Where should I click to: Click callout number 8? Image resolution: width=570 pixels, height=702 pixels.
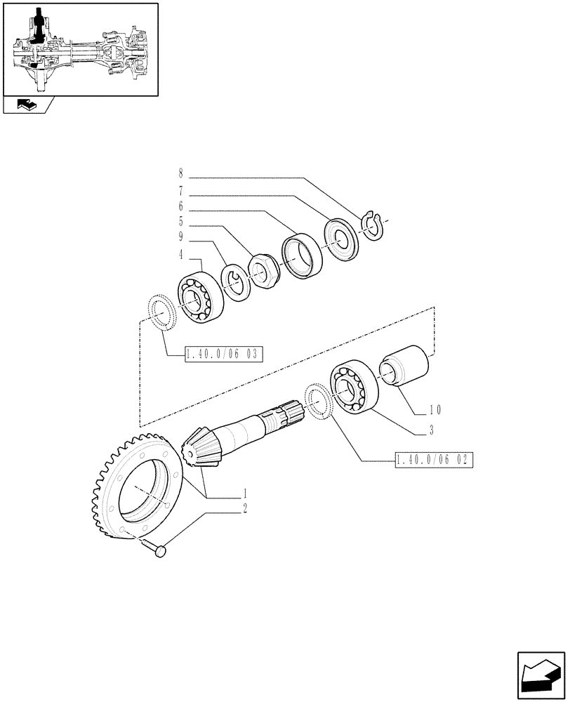coord(180,173)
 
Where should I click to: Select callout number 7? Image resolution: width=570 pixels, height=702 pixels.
coord(180,190)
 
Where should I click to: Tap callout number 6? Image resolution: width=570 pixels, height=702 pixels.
coord(180,207)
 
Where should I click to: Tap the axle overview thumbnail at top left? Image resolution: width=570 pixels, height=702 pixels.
coord(80,49)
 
